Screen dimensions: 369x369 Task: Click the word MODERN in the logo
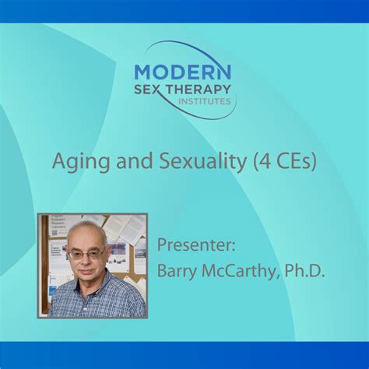(182, 72)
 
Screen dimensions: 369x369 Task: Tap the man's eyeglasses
(86, 254)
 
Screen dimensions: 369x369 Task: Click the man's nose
(86, 261)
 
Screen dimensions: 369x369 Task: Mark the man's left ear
(107, 257)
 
